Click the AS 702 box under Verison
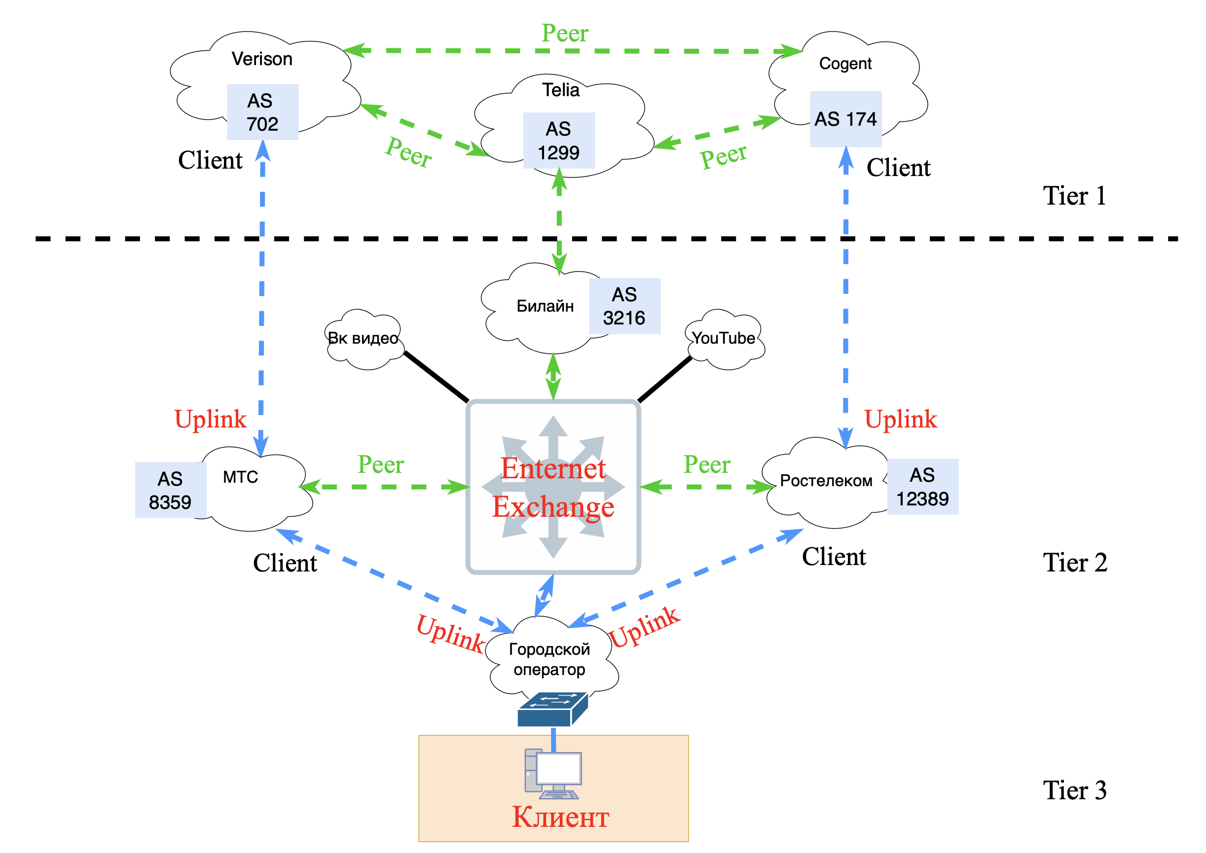pos(262,112)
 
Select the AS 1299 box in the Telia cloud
pos(558,140)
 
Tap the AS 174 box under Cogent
pos(845,119)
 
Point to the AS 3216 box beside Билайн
pos(624,306)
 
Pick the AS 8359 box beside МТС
pos(170,490)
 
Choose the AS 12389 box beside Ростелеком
pos(922,486)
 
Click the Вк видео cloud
pos(363,338)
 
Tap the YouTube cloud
pos(724,338)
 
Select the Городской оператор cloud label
pos(549,659)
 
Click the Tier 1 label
pos(1075,196)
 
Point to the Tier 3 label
pos(1075,790)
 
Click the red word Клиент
pos(560,817)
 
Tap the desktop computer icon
pos(553,773)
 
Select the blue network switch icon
pos(552,710)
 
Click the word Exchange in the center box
pos(553,507)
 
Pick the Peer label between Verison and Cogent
pos(565,34)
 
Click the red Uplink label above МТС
pos(210,419)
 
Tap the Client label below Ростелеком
pos(834,557)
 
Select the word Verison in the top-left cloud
pos(262,59)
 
